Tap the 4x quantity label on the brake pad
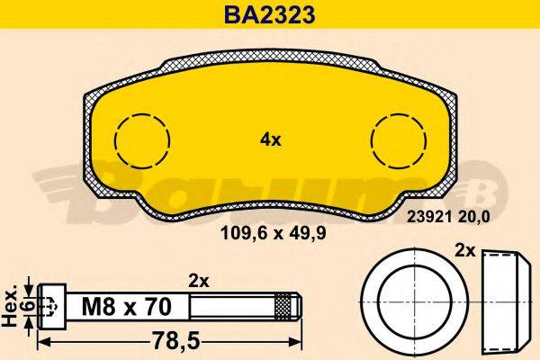point(271,139)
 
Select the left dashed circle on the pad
point(142,140)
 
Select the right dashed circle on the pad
point(399,140)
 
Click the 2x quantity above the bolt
point(198,280)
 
